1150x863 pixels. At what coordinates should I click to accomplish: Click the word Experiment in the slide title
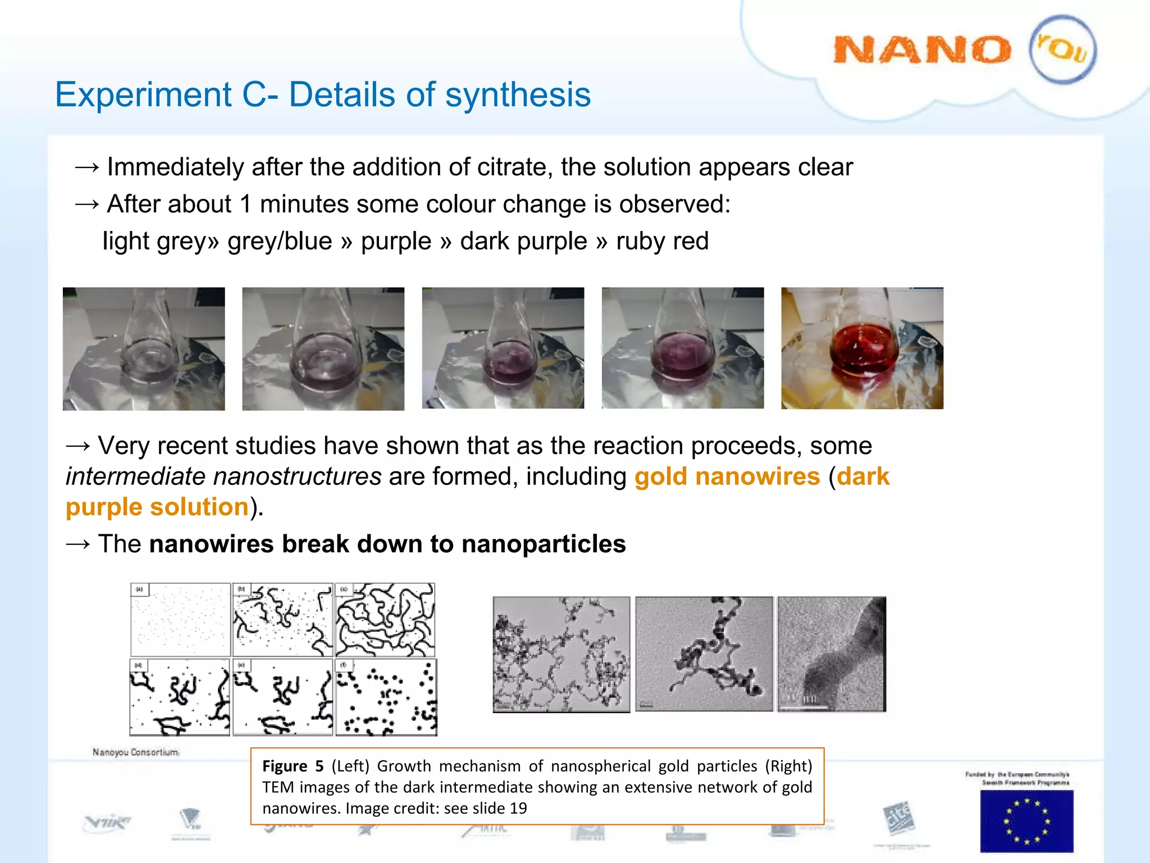click(143, 94)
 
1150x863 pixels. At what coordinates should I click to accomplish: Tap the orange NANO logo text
click(922, 50)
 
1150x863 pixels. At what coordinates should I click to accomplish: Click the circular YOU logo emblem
click(1062, 50)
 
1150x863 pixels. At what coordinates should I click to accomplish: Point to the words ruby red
click(662, 241)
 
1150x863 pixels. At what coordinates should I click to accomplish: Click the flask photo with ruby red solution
click(862, 348)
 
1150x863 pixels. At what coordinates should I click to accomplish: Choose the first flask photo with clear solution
click(144, 348)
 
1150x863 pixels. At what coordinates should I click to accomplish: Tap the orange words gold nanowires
click(727, 476)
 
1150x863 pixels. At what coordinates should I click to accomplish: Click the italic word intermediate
click(138, 476)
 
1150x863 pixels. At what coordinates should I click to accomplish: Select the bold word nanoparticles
click(544, 544)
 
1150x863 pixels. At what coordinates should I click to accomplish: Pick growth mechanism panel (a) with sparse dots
click(180, 620)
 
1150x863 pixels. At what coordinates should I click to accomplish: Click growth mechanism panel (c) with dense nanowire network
click(385, 620)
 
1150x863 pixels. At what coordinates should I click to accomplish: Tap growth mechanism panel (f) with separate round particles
click(386, 697)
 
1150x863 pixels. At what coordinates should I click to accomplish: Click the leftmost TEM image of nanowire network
click(561, 655)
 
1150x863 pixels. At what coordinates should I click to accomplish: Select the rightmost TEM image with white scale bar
click(832, 655)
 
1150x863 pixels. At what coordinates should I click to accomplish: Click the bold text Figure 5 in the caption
click(293, 766)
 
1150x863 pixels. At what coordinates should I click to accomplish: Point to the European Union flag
click(1026, 821)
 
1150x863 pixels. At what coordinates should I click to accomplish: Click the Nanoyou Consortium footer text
click(136, 752)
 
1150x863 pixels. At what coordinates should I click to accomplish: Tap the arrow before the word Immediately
click(86, 167)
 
